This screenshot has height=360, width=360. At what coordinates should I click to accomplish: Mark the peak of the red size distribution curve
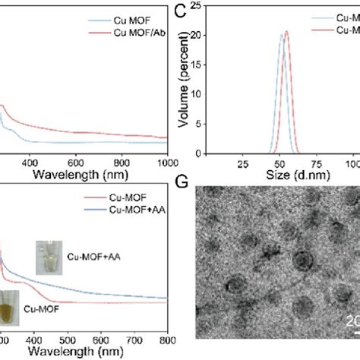pos(286,31)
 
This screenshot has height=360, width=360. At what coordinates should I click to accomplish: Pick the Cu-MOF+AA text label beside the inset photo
pos(93,258)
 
